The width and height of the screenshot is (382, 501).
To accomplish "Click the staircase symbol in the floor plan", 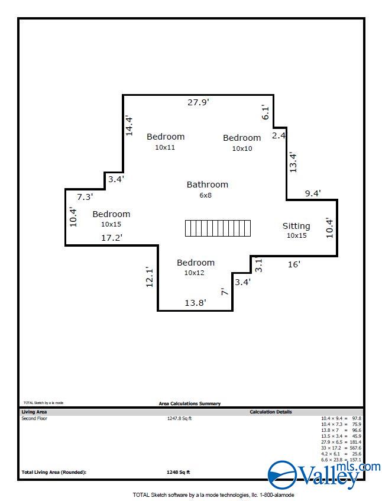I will pyautogui.click(x=218, y=228).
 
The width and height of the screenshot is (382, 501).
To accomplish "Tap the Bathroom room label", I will pyautogui.click(x=207, y=185).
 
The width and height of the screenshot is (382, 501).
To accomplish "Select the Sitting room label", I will pyautogui.click(x=296, y=226).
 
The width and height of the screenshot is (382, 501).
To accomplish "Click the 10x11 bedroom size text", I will pyautogui.click(x=165, y=147).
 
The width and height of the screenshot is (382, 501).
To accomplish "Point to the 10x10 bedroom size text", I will pyautogui.click(x=242, y=148).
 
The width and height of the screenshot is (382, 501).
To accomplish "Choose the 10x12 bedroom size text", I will pyautogui.click(x=194, y=273).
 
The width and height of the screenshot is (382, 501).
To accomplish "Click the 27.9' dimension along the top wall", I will pyautogui.click(x=199, y=102).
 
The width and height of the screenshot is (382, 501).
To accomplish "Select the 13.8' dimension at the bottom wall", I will pyautogui.click(x=195, y=302).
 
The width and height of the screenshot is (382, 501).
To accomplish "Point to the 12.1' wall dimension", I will pyautogui.click(x=150, y=277).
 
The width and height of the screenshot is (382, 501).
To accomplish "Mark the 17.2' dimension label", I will pyautogui.click(x=111, y=238).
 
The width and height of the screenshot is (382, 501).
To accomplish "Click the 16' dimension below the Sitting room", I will pyautogui.click(x=294, y=264).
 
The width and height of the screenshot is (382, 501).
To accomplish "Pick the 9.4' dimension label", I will pyautogui.click(x=313, y=193).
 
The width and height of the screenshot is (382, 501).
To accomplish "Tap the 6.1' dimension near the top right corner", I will pyautogui.click(x=266, y=112).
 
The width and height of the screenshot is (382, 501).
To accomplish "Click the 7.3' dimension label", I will pyautogui.click(x=85, y=197).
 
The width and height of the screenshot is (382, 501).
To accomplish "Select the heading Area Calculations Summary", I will pyautogui.click(x=190, y=403).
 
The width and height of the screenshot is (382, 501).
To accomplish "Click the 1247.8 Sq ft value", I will pyautogui.click(x=179, y=418).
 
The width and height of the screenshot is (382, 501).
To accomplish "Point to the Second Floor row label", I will pyautogui.click(x=34, y=418).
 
